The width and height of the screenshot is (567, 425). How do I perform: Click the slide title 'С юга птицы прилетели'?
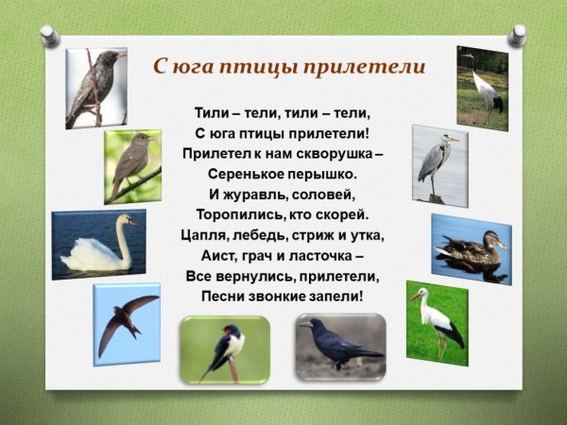(x=289, y=68)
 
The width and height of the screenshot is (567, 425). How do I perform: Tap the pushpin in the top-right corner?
(x=517, y=35)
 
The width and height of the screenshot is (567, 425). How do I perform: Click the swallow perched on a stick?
(x=225, y=348)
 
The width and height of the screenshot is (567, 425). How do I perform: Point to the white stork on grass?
(x=438, y=321)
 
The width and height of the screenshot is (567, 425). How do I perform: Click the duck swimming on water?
(x=471, y=248)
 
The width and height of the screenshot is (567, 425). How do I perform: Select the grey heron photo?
(x=439, y=164)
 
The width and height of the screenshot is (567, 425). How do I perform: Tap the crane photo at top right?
(x=482, y=87)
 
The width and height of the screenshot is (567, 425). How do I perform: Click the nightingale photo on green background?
(x=132, y=166)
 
